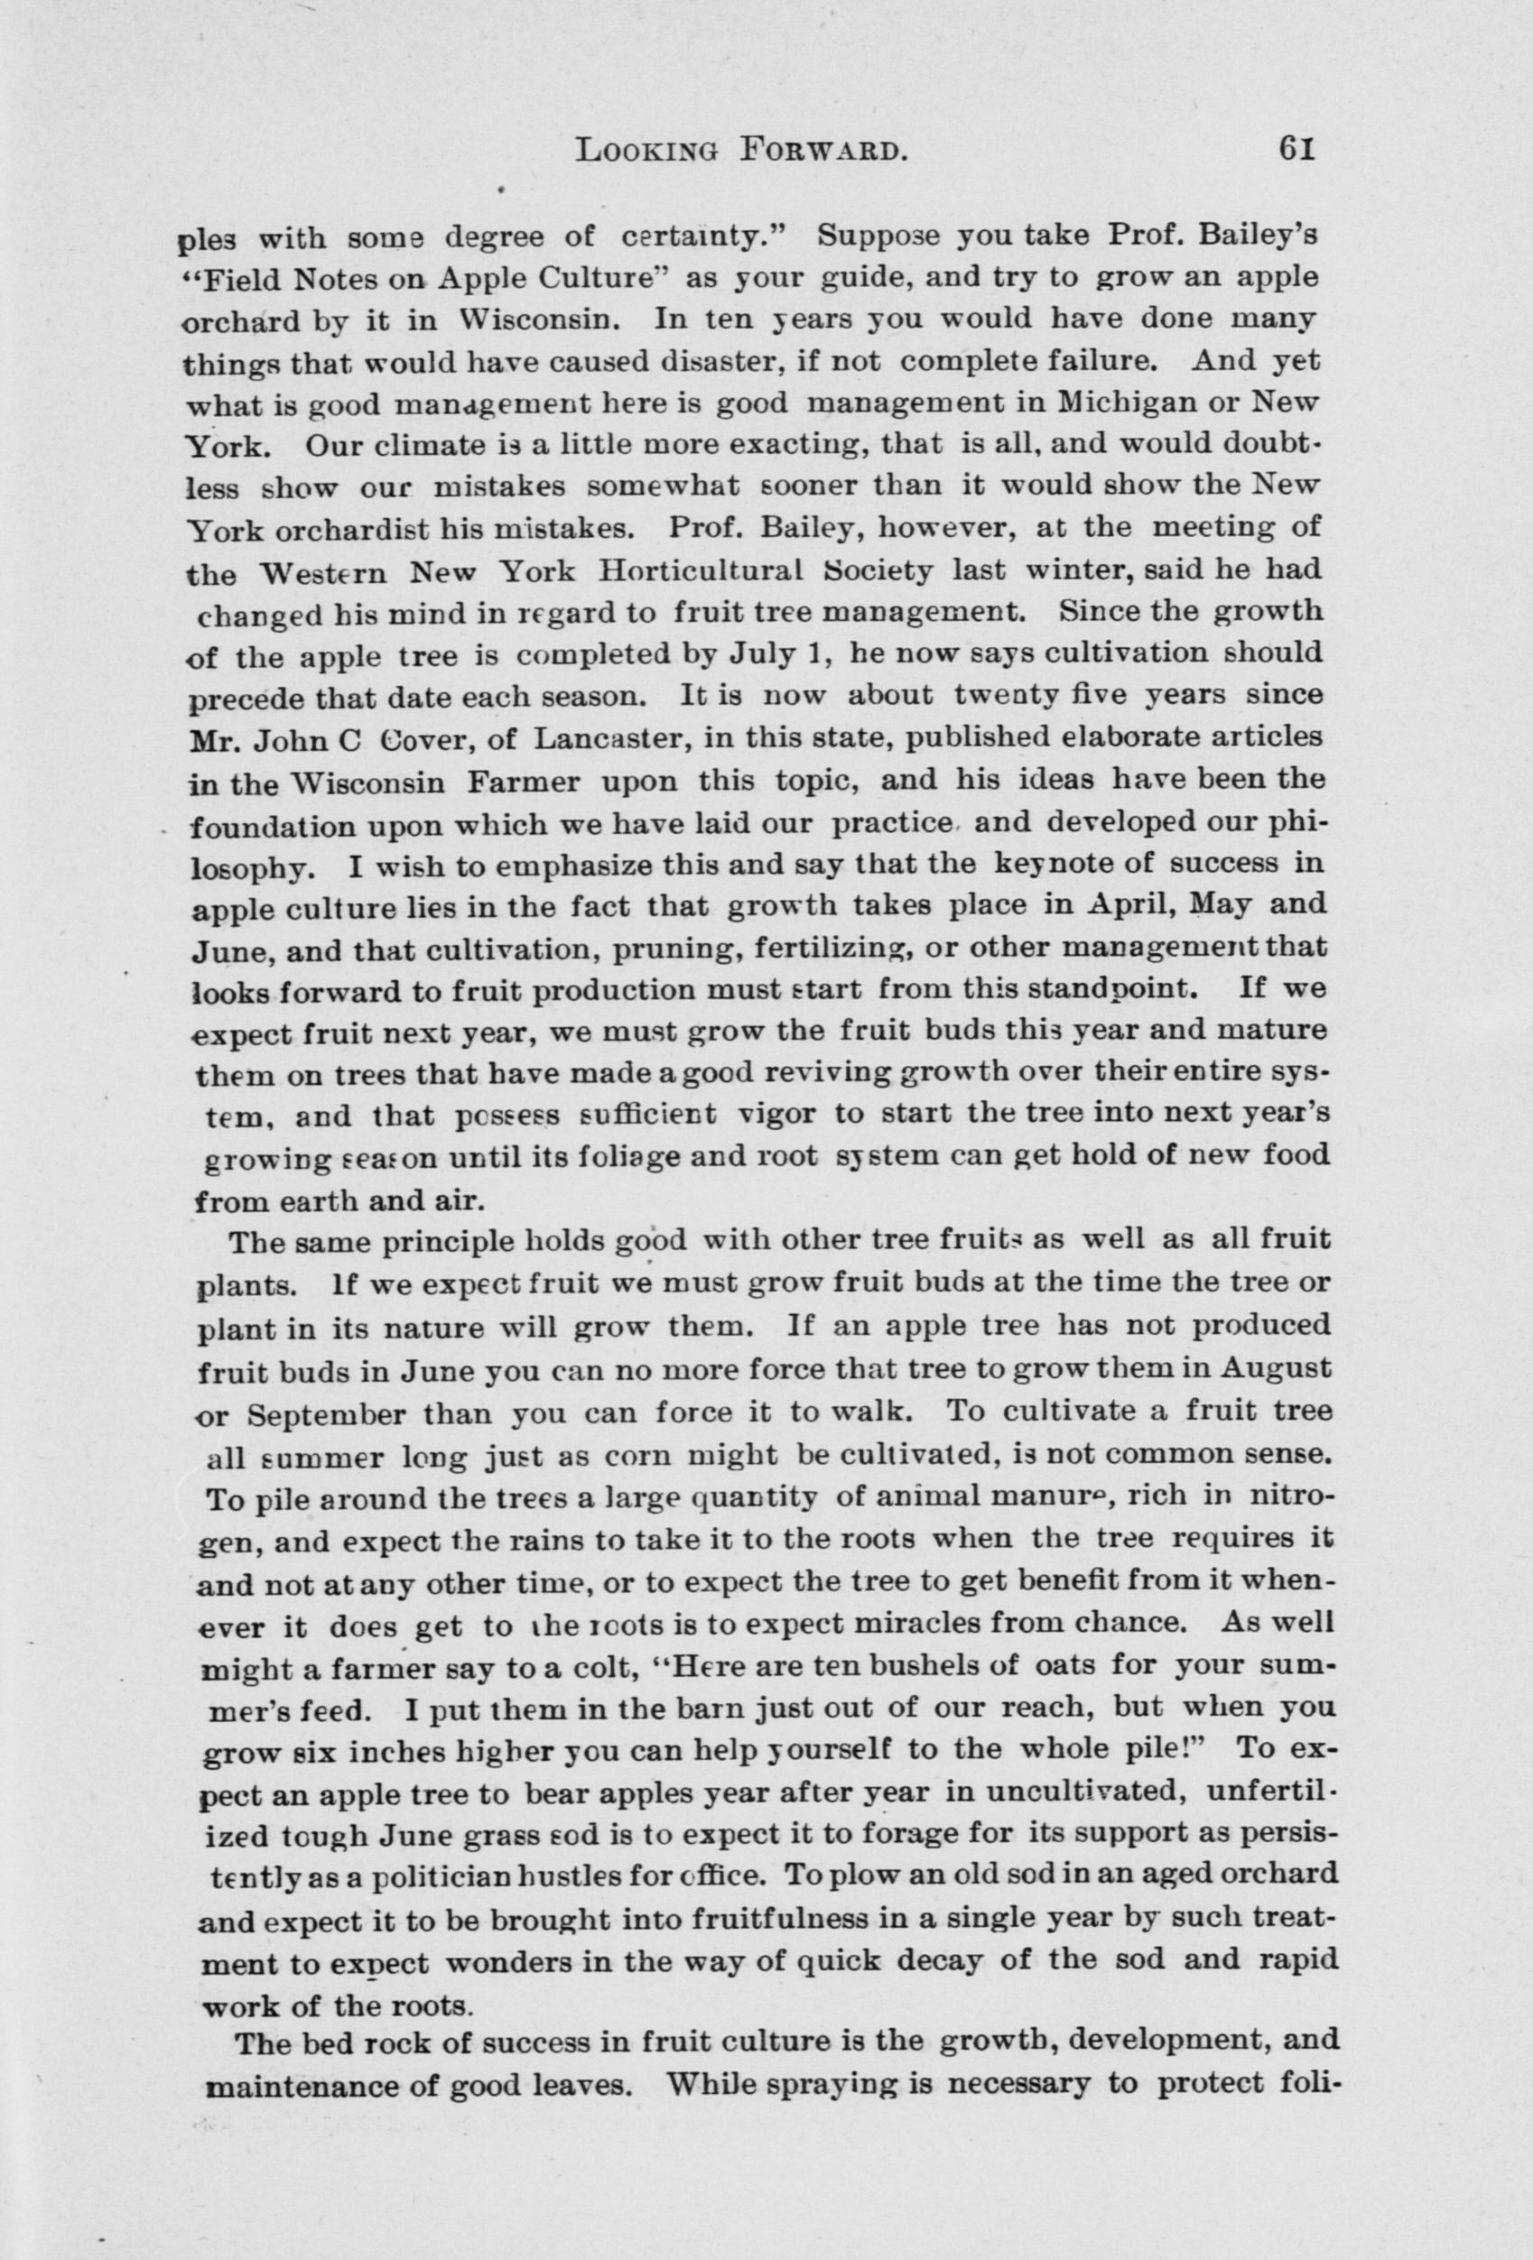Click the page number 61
coord(1297,150)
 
